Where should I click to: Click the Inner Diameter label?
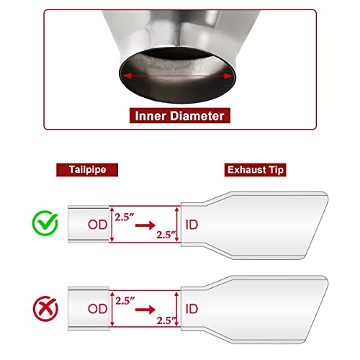[179, 114]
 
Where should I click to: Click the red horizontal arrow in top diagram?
[145, 225]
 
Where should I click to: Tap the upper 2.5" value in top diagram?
[124, 214]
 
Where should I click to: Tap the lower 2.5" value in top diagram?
[164, 235]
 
